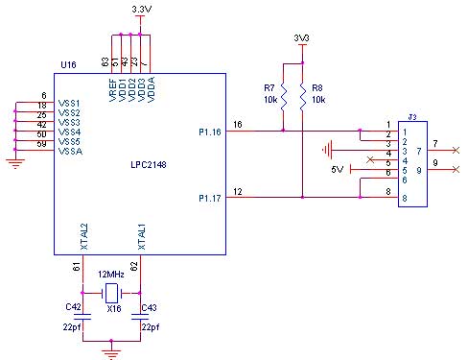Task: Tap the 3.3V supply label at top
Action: pos(142,9)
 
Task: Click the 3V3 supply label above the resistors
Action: pos(301,38)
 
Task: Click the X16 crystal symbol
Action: pos(111,292)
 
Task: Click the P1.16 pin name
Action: pos(211,132)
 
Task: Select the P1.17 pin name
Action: pos(211,198)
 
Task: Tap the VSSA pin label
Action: pos(70,152)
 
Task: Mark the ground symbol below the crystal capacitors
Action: pos(111,352)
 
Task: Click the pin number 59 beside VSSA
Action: pos(43,144)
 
